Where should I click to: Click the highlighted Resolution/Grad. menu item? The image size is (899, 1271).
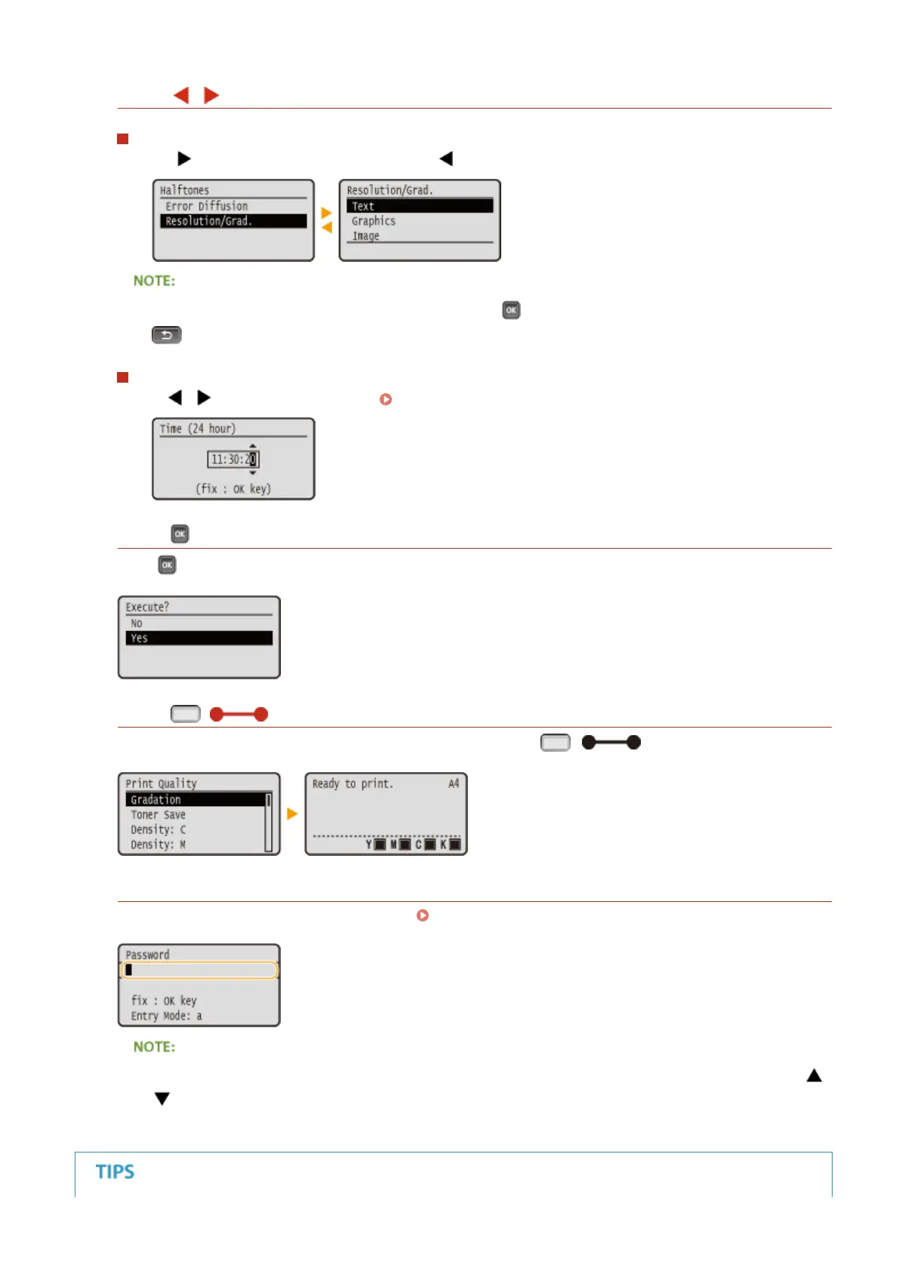[x=232, y=221]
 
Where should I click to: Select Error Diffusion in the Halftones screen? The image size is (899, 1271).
[x=207, y=206]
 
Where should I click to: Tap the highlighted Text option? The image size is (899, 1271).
[x=419, y=206]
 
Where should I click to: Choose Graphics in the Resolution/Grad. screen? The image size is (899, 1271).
[x=374, y=221]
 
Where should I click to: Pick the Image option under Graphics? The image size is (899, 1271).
[x=366, y=236]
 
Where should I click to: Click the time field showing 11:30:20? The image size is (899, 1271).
[x=233, y=459]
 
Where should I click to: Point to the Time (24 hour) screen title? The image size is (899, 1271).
[x=198, y=429]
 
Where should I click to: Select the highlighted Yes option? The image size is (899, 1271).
[x=199, y=639]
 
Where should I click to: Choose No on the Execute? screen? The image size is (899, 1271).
[x=137, y=623]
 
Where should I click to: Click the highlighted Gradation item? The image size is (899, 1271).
[x=195, y=799]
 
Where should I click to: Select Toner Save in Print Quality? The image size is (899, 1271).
[x=158, y=814]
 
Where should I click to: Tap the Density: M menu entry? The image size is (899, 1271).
[x=158, y=845]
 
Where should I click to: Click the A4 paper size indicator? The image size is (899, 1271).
[x=454, y=783]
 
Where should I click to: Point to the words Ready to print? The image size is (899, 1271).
[x=353, y=783]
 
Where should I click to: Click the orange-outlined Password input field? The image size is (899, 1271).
[x=199, y=970]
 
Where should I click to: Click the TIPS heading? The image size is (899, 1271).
[x=115, y=1172]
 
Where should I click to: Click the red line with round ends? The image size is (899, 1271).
[x=239, y=714]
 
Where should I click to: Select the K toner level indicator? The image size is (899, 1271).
[x=451, y=845]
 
